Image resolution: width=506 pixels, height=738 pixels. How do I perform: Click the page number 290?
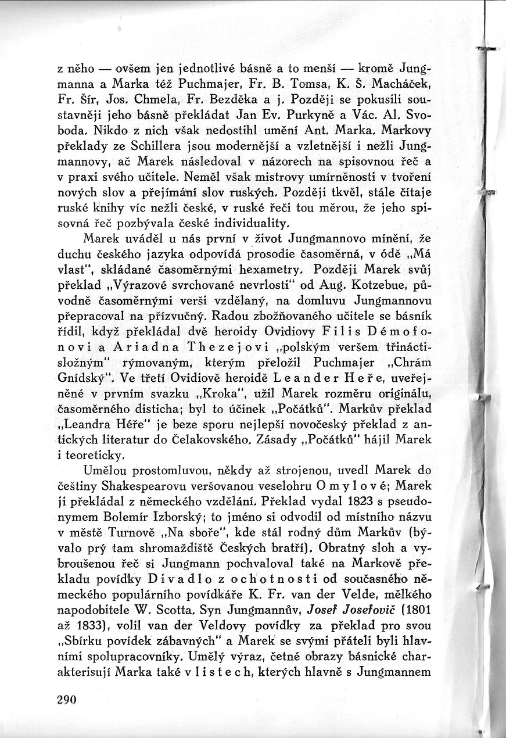pos(67,700)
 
